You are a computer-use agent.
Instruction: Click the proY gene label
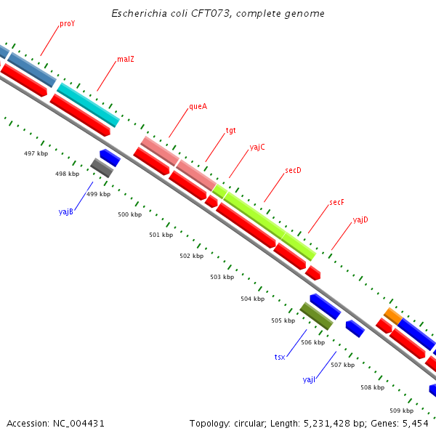coord(68,24)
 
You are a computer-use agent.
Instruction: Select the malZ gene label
coord(126,60)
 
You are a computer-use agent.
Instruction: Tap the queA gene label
coord(198,106)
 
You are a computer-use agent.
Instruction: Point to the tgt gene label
coord(231,131)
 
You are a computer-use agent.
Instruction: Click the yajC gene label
coord(257,147)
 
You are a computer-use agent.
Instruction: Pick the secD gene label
coord(293,171)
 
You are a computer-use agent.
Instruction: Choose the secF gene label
coord(336,203)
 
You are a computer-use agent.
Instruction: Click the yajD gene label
coord(360,219)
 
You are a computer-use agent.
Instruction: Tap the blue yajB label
coord(66,212)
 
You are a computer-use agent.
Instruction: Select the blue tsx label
coord(280,357)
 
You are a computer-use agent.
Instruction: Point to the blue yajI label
coord(309,379)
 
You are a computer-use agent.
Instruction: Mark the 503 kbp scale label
coord(222,277)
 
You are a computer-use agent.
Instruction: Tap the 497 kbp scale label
coord(36,153)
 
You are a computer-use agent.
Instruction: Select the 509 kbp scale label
coord(401,411)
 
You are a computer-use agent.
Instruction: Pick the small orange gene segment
coord(392,316)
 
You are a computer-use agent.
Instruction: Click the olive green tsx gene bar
coord(317,316)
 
